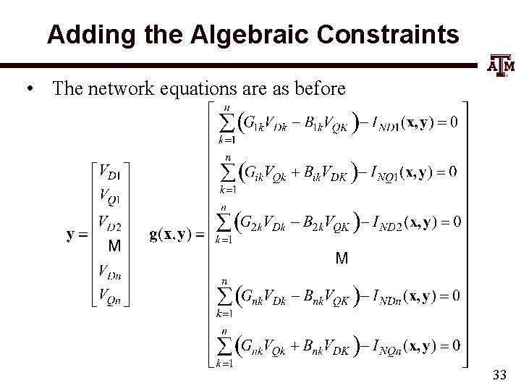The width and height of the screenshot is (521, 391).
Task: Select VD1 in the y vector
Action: pyautogui.click(x=109, y=174)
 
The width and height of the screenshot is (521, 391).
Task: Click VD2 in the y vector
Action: pyautogui.click(x=109, y=222)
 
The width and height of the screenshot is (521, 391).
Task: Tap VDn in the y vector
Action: pyautogui.click(x=109, y=272)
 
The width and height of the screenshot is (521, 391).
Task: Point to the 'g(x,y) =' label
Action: pyautogui.click(x=176, y=234)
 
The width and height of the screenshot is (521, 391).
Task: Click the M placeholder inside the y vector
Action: pyautogui.click(x=114, y=246)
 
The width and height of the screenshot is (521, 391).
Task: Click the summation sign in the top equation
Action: pyautogui.click(x=226, y=122)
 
